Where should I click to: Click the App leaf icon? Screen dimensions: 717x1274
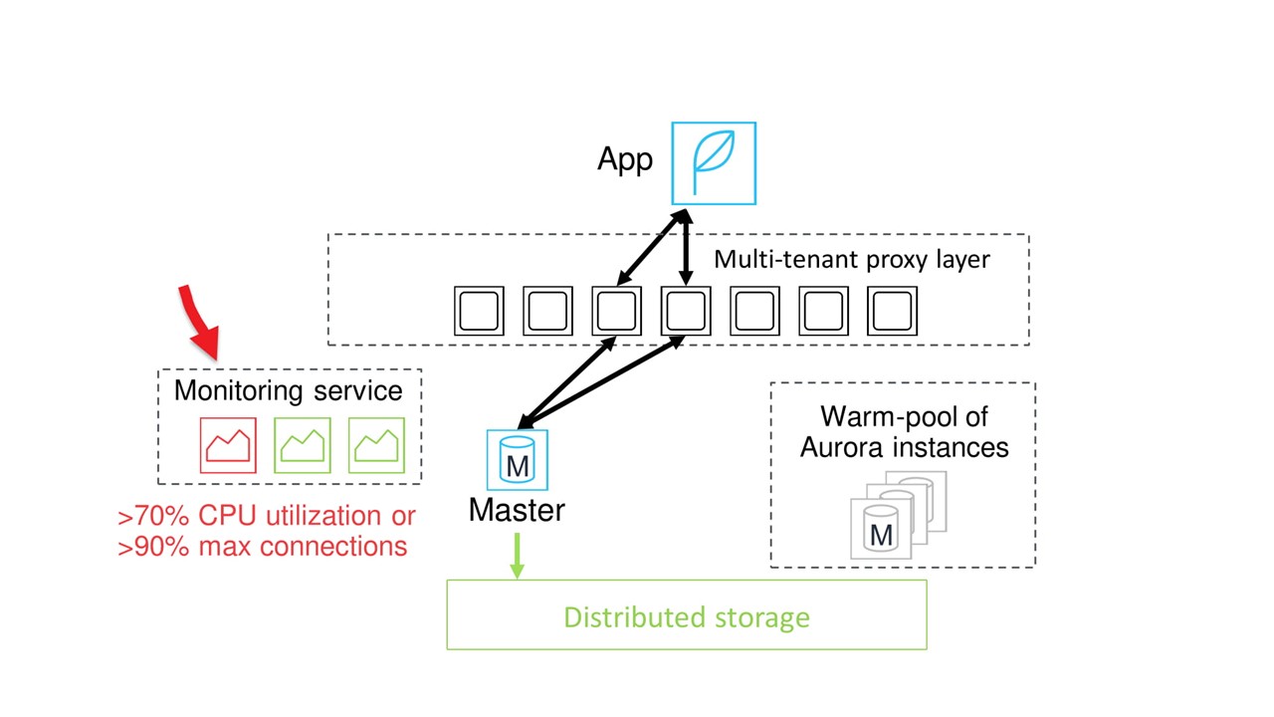coord(714,163)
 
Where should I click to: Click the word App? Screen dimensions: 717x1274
coord(625,159)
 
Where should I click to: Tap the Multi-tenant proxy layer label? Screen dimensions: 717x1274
coord(852,260)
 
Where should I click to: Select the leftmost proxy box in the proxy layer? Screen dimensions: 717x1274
coord(479,311)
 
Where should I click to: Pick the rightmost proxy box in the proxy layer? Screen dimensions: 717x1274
coord(892,311)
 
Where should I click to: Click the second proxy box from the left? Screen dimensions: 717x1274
coord(547,311)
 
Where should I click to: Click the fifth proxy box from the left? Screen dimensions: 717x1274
coord(754,311)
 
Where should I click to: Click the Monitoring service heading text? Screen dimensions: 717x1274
coord(289,390)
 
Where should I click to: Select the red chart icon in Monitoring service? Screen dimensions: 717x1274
coord(228,445)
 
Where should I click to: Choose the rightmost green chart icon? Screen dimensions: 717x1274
coord(376,445)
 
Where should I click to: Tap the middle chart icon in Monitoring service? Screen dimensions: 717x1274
coord(303,445)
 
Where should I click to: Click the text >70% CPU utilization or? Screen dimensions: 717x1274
coord(267,516)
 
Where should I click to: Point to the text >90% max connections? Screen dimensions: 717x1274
coord(263,546)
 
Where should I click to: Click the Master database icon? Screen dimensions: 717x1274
coord(517,461)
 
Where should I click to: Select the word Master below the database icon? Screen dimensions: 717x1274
coord(517,510)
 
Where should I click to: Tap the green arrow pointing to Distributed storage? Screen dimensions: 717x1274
coord(517,555)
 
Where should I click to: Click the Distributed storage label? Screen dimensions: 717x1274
coord(687,617)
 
